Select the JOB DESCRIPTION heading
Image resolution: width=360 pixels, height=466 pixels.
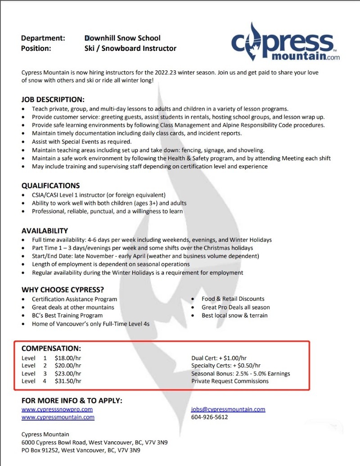click(53, 100)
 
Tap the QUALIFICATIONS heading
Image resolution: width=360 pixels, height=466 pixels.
click(50, 185)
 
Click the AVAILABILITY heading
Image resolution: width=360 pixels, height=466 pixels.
click(45, 231)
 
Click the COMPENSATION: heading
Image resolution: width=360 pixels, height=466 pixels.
click(51, 348)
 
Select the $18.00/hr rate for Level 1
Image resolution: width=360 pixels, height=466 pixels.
click(68, 358)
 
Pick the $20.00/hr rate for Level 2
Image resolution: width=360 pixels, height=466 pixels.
click(68, 366)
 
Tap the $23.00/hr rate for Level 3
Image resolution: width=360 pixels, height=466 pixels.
click(68, 374)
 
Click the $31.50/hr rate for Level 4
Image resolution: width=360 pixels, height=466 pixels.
click(68, 381)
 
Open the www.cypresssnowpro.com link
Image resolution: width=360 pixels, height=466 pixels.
click(57, 409)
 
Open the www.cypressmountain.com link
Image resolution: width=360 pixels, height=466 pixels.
click(58, 417)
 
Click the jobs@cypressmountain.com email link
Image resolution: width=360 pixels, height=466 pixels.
click(228, 409)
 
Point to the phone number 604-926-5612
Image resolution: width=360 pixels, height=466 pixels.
click(210, 417)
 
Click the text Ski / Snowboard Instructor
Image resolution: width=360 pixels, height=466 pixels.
click(130, 48)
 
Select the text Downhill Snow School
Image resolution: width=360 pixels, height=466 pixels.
click(122, 38)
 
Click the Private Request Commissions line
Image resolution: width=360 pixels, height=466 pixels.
click(230, 381)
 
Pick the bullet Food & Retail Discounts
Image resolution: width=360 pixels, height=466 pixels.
click(233, 299)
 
